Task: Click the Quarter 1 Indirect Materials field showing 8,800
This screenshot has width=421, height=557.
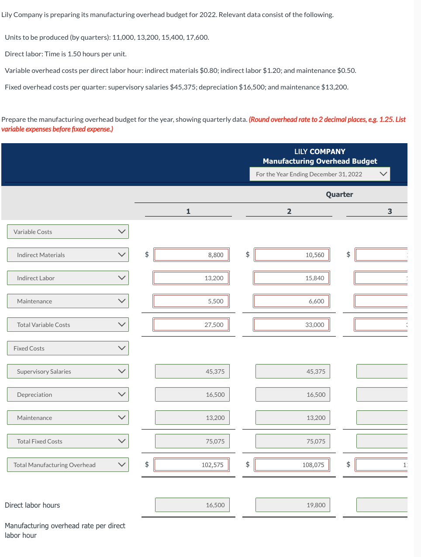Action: (191, 255)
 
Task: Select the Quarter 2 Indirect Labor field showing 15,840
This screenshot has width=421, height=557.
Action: (291, 278)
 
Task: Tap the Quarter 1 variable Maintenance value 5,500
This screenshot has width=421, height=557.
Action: (191, 301)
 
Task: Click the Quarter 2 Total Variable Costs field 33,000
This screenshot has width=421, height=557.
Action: (291, 325)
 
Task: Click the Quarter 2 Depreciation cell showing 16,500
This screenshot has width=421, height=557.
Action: (292, 395)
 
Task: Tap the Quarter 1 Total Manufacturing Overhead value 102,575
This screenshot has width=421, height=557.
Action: (191, 465)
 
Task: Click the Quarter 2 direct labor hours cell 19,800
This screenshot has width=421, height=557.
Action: (292, 505)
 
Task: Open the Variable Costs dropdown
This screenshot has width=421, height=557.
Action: (68, 232)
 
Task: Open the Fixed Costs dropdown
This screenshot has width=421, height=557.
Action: (68, 348)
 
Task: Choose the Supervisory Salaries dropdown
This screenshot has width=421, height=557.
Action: (68, 371)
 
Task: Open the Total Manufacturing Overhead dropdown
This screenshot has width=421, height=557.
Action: (68, 465)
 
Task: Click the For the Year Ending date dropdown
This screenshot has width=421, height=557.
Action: (320, 174)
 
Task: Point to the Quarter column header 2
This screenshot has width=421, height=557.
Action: (289, 211)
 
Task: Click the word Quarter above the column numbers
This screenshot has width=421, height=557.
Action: (339, 195)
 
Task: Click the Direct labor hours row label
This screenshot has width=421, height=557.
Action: (32, 505)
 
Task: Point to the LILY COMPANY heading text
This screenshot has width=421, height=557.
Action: (320, 151)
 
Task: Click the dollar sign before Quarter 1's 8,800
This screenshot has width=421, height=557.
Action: (147, 254)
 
